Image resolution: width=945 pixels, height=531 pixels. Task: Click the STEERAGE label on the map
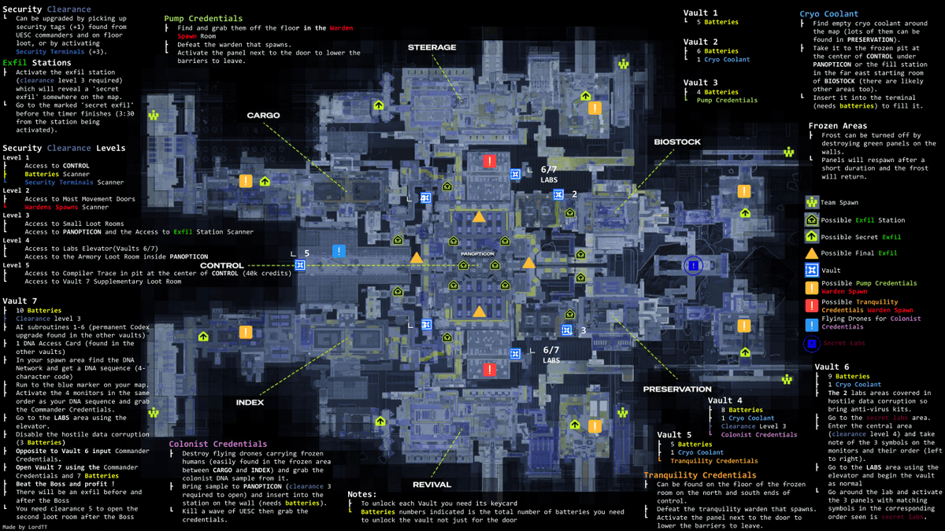tap(432, 47)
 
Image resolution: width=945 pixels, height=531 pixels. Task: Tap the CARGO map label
tap(263, 116)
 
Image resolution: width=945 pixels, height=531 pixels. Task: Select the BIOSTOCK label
tap(676, 142)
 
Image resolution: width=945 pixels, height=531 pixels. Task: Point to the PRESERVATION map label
tap(676, 389)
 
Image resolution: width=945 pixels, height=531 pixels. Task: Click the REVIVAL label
tap(432, 485)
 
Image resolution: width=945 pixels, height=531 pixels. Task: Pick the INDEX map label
tap(250, 403)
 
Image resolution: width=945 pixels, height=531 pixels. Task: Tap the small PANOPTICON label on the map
tap(477, 254)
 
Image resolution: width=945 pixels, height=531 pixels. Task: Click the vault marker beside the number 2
tap(558, 194)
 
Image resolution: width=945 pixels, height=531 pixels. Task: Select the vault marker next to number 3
tap(566, 330)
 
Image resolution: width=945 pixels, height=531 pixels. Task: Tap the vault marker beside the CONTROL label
tap(300, 265)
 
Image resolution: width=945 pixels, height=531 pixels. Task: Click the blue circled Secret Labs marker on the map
tap(693, 266)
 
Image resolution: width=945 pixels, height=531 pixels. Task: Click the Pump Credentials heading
tap(203, 18)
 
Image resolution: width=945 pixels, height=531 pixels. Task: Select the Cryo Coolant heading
tap(828, 13)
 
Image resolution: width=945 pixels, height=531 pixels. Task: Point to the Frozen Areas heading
tap(837, 126)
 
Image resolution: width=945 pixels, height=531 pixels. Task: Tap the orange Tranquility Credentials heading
tap(699, 475)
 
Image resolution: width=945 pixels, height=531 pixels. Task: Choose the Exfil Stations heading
tap(36, 62)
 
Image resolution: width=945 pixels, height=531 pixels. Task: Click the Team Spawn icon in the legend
tap(812, 202)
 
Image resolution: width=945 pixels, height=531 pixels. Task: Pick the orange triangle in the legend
tap(812, 253)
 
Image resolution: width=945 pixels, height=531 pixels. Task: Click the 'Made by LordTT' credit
tap(26, 525)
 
